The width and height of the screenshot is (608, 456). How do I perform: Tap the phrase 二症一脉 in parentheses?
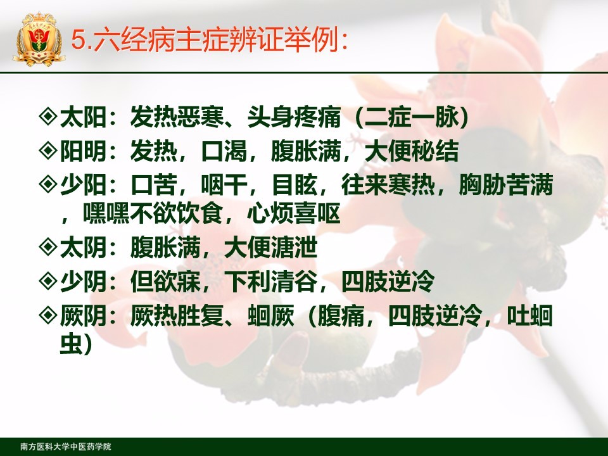[412, 117]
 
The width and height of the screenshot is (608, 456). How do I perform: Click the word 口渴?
[224, 151]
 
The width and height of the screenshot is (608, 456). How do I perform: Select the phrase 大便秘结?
[412, 151]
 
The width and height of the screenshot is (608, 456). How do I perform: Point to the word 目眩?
[294, 184]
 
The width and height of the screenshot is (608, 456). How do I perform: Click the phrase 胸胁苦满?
[505, 184]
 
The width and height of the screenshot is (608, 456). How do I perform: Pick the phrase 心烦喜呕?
[294, 213]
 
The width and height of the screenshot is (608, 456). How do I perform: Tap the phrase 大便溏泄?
[271, 248]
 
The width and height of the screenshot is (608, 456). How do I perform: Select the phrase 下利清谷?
[271, 281]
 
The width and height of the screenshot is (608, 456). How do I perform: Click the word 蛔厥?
[271, 315]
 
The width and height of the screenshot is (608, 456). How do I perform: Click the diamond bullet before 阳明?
[49, 150]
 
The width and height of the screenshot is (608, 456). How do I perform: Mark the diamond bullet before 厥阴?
[49, 315]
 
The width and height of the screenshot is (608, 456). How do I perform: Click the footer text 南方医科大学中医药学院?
[66, 446]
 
